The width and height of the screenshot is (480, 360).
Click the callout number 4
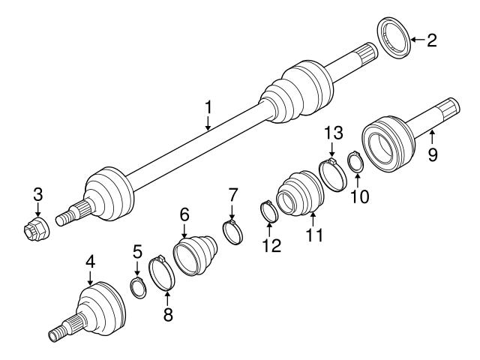point(89,263)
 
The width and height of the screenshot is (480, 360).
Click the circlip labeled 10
point(357,161)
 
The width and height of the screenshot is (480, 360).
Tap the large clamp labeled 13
point(331,173)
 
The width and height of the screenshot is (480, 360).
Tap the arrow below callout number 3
point(37,210)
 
